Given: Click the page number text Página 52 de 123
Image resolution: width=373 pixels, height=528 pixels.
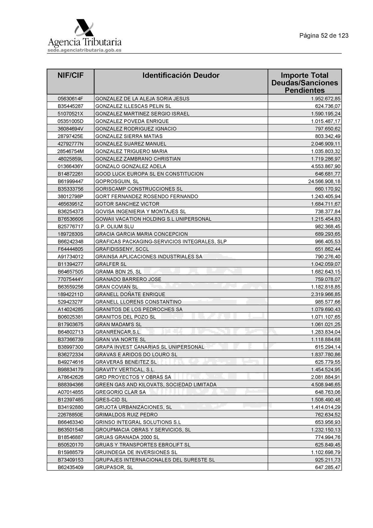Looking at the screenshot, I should pyautogui.click(x=324, y=36).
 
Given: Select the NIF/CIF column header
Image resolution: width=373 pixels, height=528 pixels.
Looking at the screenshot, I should pyautogui.click(x=70, y=76).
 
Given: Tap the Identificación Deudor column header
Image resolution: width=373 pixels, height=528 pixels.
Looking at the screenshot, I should pyautogui.click(x=181, y=76).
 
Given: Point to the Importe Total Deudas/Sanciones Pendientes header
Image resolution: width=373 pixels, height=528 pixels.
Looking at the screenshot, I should pyautogui.click(x=304, y=83).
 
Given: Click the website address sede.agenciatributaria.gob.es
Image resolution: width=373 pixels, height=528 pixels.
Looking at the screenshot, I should pyautogui.click(x=84, y=50).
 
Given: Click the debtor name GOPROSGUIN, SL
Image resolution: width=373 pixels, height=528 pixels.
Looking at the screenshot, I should pyautogui.click(x=117, y=181).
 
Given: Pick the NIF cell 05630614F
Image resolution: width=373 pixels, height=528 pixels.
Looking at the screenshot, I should pyautogui.click(x=70, y=99).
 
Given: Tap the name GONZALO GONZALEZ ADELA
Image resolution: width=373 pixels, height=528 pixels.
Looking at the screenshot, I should pyautogui.click(x=131, y=166).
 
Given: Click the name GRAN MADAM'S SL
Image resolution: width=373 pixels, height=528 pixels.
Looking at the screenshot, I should pyautogui.click(x=118, y=324).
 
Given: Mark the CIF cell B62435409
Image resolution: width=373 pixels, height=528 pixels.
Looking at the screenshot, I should pyautogui.click(x=70, y=467).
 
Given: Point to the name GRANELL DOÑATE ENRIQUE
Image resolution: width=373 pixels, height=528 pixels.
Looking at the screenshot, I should pyautogui.click(x=130, y=294).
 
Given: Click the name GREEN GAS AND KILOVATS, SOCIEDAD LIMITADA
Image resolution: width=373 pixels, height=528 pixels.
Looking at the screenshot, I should pyautogui.click(x=156, y=384).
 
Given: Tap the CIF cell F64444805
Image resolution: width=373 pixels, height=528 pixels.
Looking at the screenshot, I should pyautogui.click(x=70, y=249).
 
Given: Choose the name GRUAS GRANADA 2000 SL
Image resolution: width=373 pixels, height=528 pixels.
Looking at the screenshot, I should pyautogui.click(x=127, y=437).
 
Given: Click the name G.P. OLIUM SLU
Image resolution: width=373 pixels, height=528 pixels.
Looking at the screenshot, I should pyautogui.click(x=114, y=227).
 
